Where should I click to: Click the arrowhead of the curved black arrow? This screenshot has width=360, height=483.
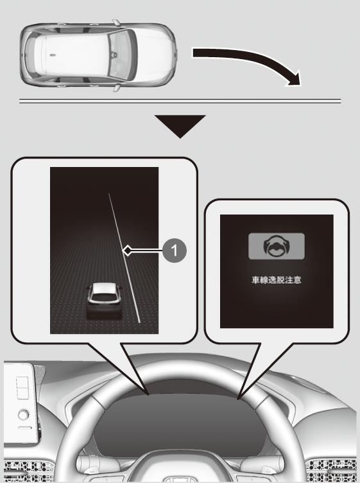pos(294,80)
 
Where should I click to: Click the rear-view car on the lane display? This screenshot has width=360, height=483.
pos(105,301)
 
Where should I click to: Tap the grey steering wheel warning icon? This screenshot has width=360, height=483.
pos(277,246)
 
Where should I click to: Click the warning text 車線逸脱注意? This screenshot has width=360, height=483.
pos(277,280)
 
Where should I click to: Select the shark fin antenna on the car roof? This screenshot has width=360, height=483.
pos(53,55)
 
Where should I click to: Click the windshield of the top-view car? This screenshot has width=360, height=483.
pos(122,55)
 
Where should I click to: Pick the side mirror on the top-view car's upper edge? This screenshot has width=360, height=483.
pos(116,22)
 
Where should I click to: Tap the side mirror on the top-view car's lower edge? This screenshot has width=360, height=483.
pos(117,87)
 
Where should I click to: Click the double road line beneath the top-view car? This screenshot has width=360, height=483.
pos(180,101)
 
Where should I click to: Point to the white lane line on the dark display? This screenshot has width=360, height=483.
pos(124,258)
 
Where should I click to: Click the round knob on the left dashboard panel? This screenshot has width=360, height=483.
pos(24,415)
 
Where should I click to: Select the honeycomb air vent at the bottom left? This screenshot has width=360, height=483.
pos(28,470)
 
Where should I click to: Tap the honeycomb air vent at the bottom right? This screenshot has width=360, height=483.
pos(332,470)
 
